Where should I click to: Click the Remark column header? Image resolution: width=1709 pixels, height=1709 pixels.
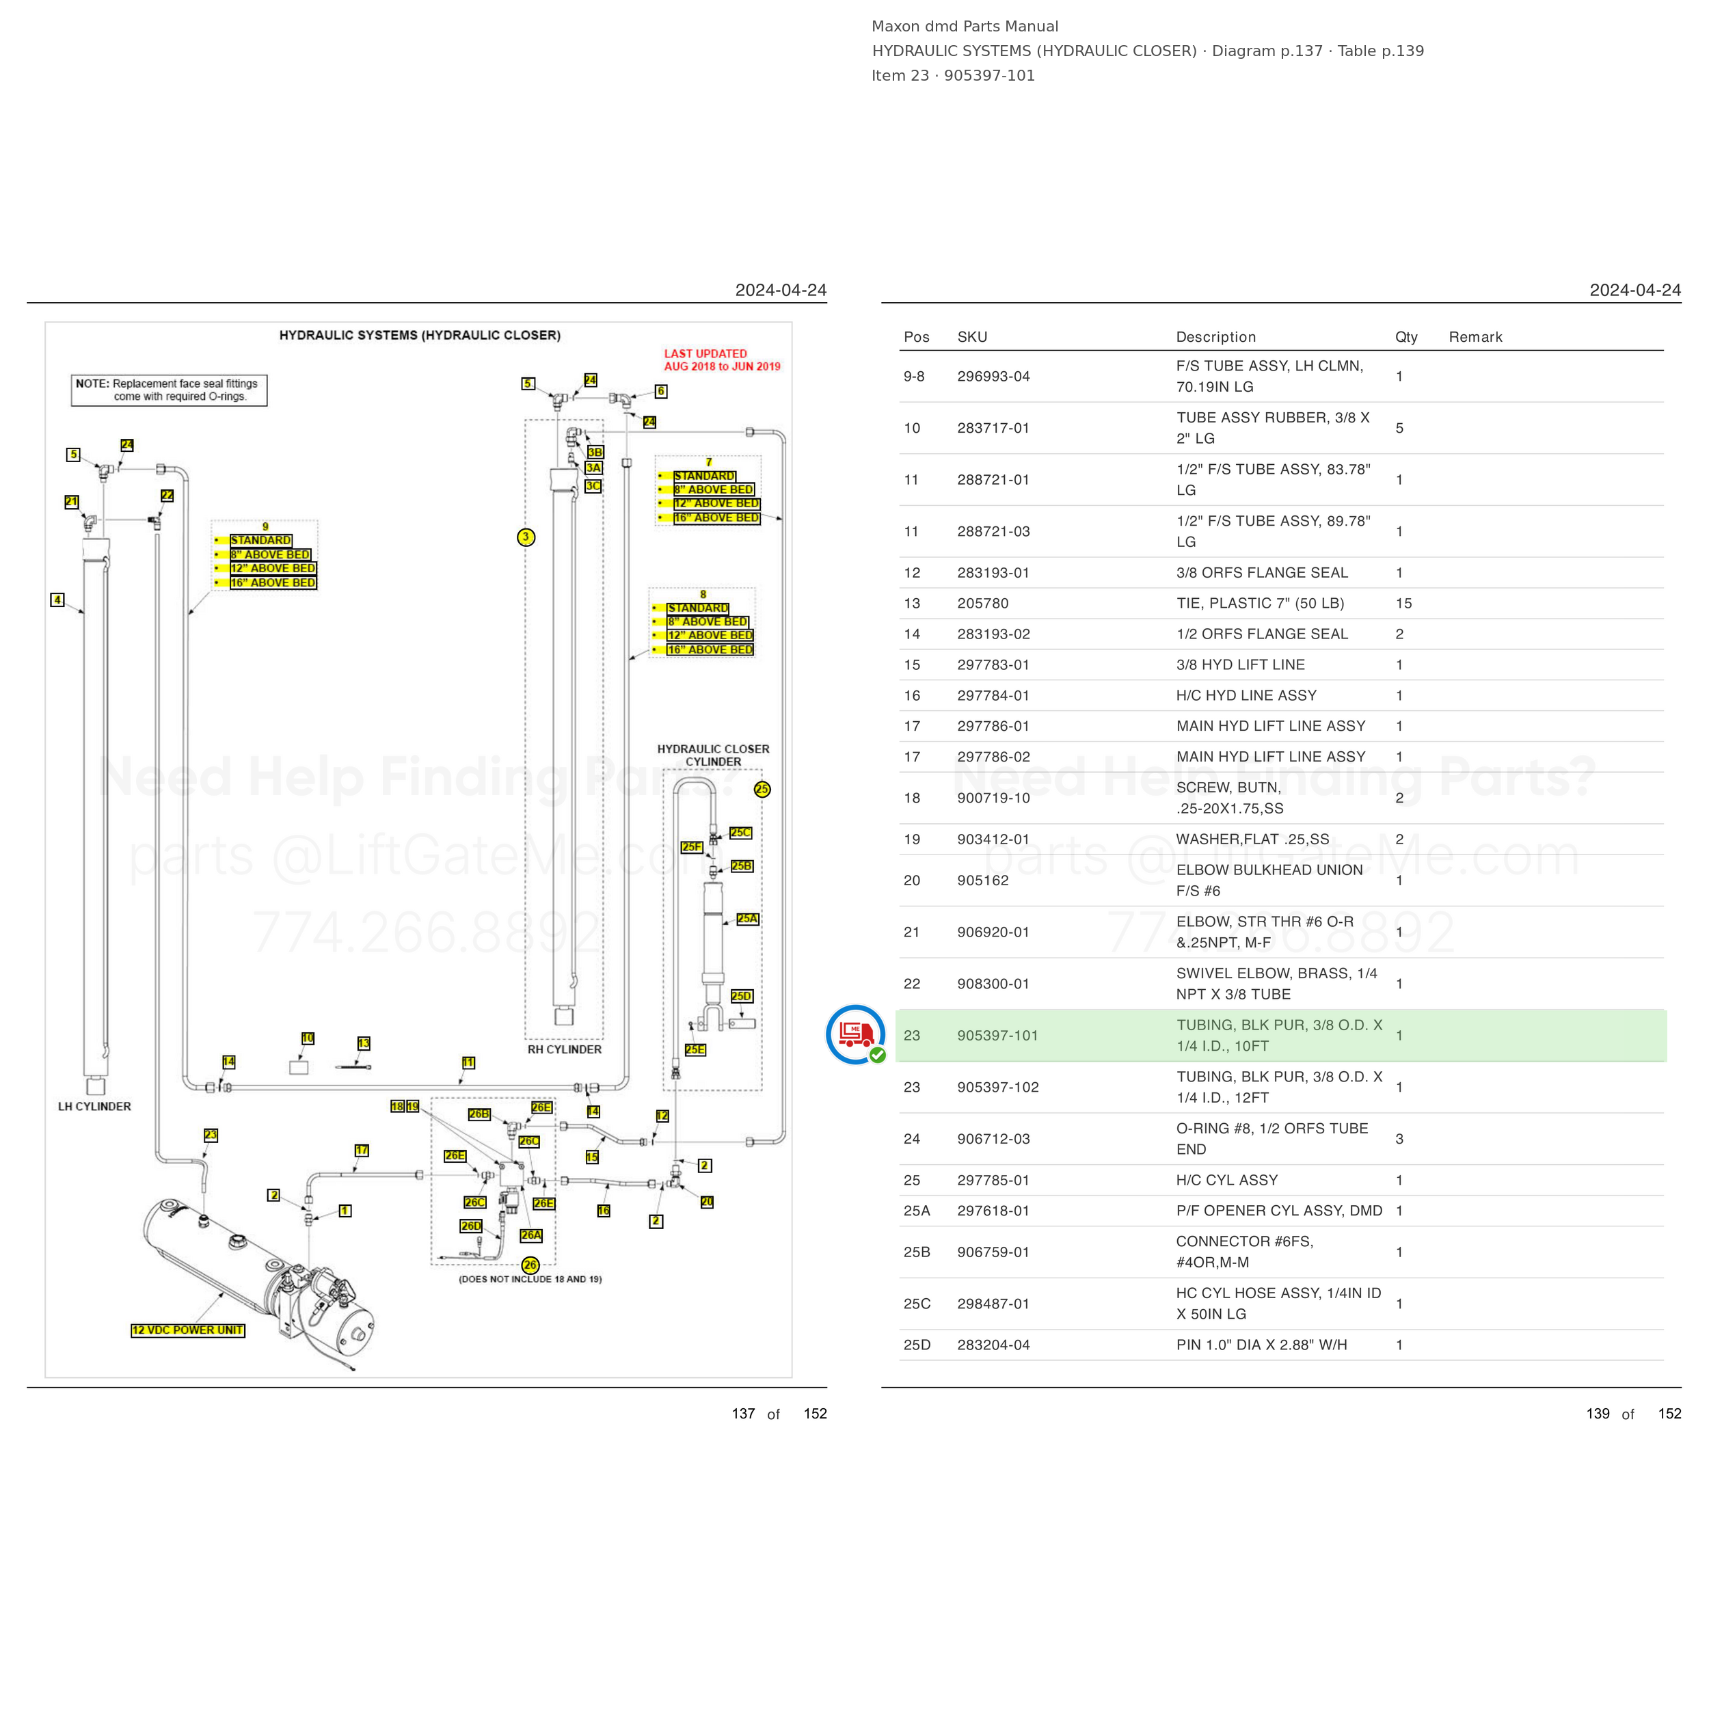click(x=1475, y=337)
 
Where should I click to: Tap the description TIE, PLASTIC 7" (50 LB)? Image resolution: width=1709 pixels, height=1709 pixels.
click(x=1260, y=604)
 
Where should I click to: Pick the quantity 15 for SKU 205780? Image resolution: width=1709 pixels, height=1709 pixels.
click(x=1404, y=604)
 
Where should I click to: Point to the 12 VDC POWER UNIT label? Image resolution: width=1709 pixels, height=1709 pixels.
click(x=187, y=1330)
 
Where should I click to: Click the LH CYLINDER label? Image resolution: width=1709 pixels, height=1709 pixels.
click(x=94, y=1107)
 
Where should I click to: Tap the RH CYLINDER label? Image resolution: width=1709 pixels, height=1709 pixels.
click(x=565, y=1049)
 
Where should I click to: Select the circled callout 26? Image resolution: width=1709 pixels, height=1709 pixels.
click(x=530, y=1265)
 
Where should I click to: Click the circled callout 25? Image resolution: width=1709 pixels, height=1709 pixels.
click(x=762, y=789)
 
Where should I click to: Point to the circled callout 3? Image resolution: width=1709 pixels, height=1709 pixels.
click(x=526, y=537)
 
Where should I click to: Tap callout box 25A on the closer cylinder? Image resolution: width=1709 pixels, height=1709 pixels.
click(x=747, y=919)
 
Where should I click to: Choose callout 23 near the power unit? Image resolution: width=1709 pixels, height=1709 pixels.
click(x=211, y=1135)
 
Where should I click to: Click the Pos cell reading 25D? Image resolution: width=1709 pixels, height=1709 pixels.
click(x=917, y=1345)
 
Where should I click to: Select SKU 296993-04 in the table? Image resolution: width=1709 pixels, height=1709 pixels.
click(x=993, y=376)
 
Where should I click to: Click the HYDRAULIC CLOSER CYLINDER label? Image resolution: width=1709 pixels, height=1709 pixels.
click(x=713, y=755)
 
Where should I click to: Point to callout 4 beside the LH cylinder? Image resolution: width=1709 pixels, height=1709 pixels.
click(x=57, y=600)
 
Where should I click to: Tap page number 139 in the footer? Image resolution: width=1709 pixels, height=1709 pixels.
click(x=1598, y=1414)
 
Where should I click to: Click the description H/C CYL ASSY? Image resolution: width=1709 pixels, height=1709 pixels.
click(x=1227, y=1180)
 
